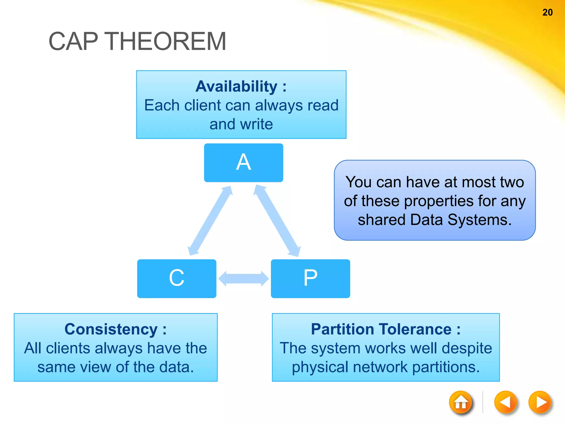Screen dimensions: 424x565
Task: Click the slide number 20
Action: [547, 12]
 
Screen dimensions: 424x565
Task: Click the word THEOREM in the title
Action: [166, 41]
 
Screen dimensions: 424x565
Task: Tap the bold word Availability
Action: [236, 86]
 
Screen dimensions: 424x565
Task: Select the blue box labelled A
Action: [243, 163]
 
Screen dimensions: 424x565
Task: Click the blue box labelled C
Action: [177, 278]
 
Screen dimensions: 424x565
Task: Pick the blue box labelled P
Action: [310, 278]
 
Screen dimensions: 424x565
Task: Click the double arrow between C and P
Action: [244, 279]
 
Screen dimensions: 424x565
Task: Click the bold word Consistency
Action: [111, 329]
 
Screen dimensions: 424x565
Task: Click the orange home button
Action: [460, 402]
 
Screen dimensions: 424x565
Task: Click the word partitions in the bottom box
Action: [446, 367]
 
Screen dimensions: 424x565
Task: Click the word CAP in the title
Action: [73, 41]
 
